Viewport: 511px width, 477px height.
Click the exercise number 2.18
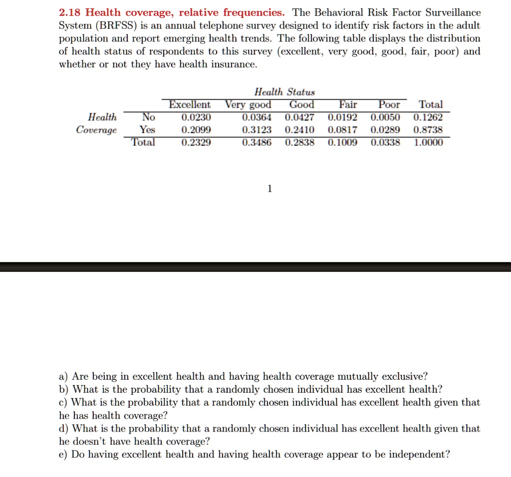point(70,12)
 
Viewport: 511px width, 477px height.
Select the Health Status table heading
point(284,92)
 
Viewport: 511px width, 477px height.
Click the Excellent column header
point(190,105)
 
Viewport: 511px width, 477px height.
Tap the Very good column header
point(248,105)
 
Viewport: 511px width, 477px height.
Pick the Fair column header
point(348,105)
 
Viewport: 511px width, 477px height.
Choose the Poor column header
point(389,105)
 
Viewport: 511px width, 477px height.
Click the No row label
point(148,117)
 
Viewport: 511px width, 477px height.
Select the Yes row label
point(147,130)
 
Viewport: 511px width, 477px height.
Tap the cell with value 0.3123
point(256,130)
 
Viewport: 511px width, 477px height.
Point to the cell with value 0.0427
point(299,118)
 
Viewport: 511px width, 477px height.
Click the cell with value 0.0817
point(342,130)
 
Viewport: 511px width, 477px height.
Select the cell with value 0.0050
point(385,118)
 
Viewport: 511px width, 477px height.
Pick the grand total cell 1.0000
point(428,143)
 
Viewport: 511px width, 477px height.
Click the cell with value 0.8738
point(428,130)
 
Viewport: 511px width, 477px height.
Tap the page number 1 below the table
point(269,189)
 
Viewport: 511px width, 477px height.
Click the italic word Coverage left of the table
point(96,130)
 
